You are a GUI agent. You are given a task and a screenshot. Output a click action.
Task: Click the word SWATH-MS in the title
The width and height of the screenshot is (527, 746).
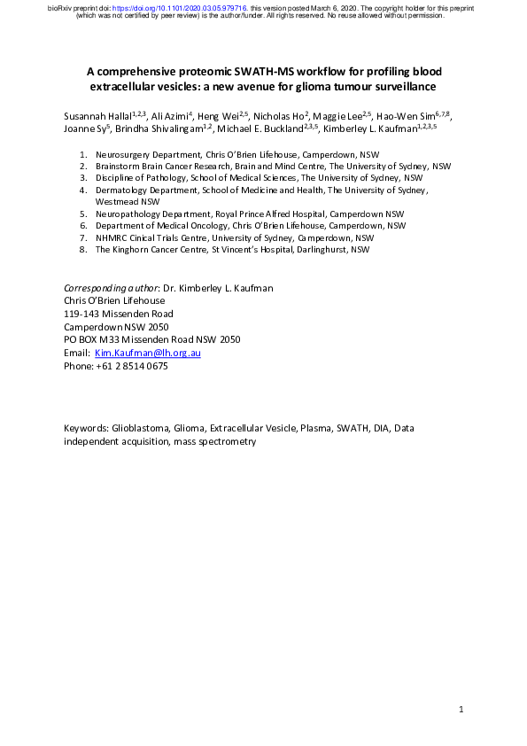tap(275, 71)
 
